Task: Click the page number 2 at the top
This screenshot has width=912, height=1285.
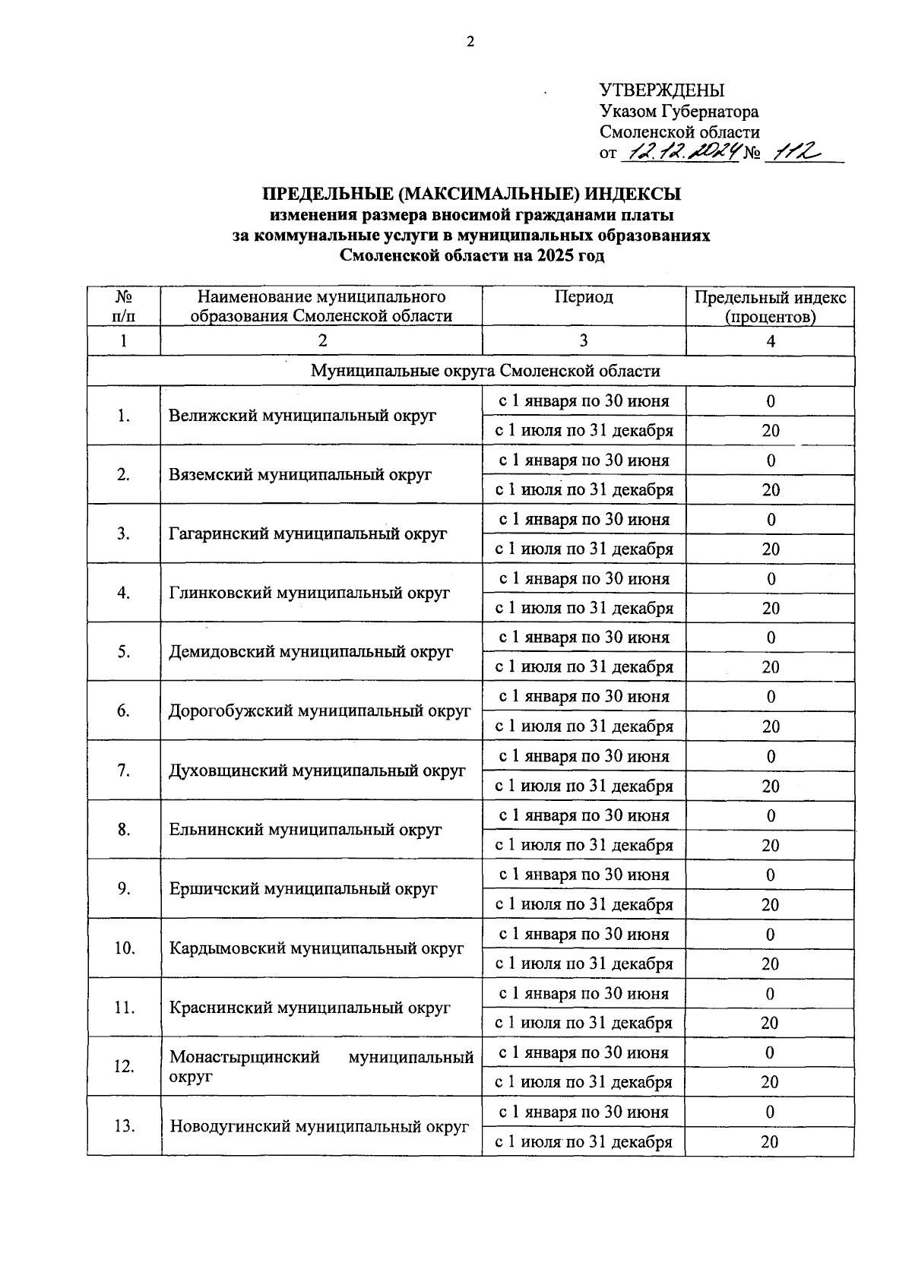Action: pyautogui.click(x=470, y=42)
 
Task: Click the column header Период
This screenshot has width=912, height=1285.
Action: pyautogui.click(x=583, y=297)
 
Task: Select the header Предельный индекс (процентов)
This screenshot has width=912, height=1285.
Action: pyautogui.click(x=770, y=307)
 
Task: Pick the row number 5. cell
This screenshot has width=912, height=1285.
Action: pyautogui.click(x=123, y=652)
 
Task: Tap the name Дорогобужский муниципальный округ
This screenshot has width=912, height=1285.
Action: pyautogui.click(x=320, y=711)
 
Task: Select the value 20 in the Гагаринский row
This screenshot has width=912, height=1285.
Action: pyautogui.click(x=771, y=549)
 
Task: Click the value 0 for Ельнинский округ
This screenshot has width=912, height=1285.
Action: pyautogui.click(x=771, y=815)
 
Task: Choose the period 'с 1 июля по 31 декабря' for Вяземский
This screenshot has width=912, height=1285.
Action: pyautogui.click(x=584, y=490)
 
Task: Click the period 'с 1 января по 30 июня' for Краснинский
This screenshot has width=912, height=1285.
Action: pyautogui.click(x=584, y=993)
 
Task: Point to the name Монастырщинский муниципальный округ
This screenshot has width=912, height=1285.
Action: pyautogui.click(x=321, y=1066)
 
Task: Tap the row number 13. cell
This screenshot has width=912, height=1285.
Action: pyautogui.click(x=124, y=1126)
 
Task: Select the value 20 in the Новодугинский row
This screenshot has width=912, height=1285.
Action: pyautogui.click(x=770, y=1142)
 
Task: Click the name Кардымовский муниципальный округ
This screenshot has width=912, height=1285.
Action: pyautogui.click(x=316, y=948)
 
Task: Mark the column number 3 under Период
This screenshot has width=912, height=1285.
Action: pyautogui.click(x=583, y=341)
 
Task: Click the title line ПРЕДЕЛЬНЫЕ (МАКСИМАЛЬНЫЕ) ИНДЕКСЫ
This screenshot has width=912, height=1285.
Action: pyautogui.click(x=471, y=195)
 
